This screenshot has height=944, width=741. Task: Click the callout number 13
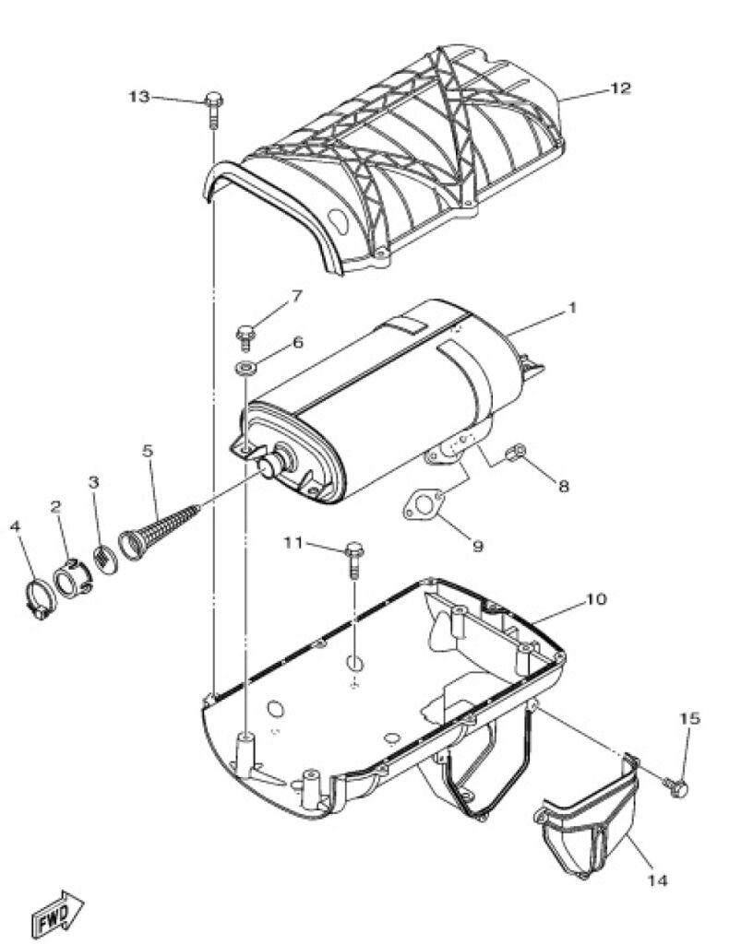click(x=139, y=96)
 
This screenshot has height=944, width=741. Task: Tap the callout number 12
click(x=620, y=88)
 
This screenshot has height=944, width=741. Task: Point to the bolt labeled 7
click(x=245, y=336)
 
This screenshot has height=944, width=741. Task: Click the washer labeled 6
click(x=245, y=367)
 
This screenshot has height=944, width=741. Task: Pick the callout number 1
click(x=572, y=308)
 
